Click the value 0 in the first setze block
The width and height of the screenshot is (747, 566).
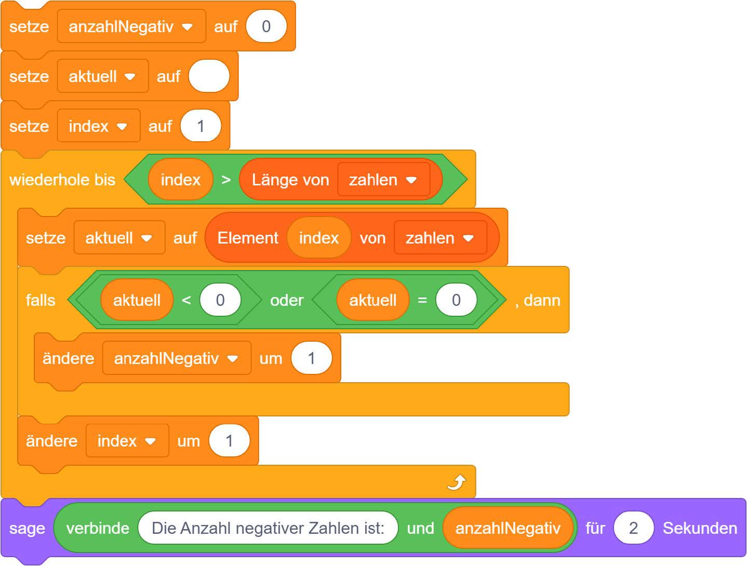click(x=266, y=26)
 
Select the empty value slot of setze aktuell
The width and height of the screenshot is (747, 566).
click(x=209, y=76)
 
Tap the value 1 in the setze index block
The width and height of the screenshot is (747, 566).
click(x=201, y=126)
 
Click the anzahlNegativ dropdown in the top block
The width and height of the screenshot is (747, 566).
click(x=131, y=26)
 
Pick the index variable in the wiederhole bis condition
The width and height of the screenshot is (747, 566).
click(x=180, y=180)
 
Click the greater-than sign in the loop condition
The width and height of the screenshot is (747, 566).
click(x=226, y=180)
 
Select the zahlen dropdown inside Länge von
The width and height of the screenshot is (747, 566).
click(x=383, y=180)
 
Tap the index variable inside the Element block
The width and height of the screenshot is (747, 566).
click(x=318, y=238)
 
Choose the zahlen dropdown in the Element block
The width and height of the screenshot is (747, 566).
click(x=440, y=238)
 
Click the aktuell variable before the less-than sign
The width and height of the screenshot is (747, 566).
click(x=137, y=300)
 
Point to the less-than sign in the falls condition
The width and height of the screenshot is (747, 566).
click(x=186, y=300)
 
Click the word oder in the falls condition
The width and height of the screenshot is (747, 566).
click(x=287, y=300)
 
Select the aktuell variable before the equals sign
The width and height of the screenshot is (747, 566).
click(x=372, y=300)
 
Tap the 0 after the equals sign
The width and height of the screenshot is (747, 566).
click(x=456, y=300)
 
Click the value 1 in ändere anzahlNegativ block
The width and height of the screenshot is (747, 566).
click(x=311, y=358)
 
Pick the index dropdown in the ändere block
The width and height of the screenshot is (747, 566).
click(x=127, y=441)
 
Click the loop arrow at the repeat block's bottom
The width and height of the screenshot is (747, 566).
click(x=456, y=483)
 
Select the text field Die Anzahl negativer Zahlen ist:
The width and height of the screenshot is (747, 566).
click(x=268, y=528)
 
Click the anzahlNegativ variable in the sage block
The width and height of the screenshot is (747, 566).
click(x=508, y=528)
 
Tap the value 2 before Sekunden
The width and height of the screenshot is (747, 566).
click(x=633, y=528)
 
